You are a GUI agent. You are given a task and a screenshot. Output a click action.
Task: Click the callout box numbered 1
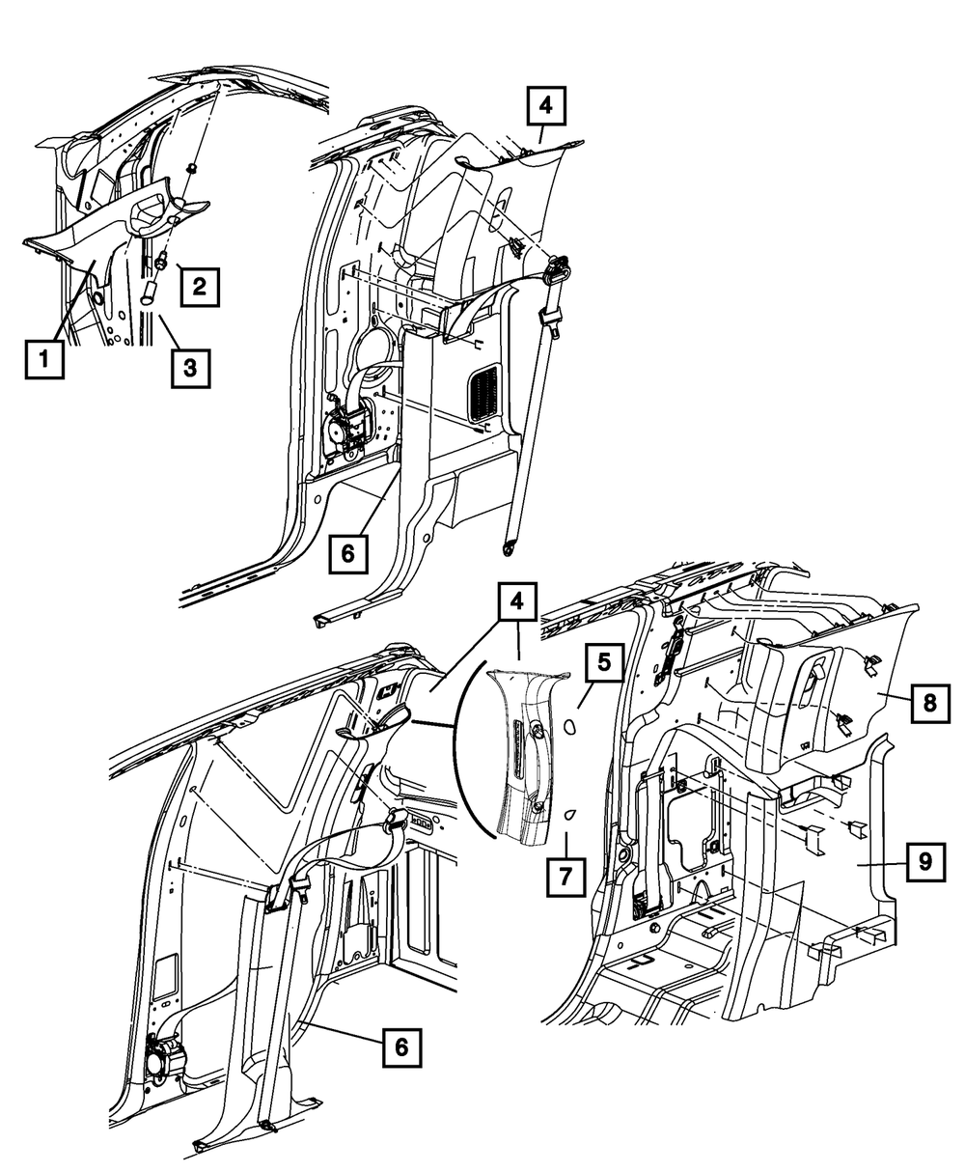(41, 362)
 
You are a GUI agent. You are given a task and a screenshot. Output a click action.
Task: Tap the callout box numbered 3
(189, 367)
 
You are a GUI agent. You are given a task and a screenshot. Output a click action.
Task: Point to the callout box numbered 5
(604, 662)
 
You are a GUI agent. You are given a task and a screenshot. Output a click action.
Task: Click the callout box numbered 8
(928, 703)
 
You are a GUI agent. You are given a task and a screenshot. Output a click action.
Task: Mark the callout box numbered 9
(924, 861)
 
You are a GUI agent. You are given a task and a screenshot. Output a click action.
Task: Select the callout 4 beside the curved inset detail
(517, 603)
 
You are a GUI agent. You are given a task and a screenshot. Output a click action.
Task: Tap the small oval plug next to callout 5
(571, 721)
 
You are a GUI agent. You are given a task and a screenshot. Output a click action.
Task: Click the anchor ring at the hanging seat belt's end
(507, 549)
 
